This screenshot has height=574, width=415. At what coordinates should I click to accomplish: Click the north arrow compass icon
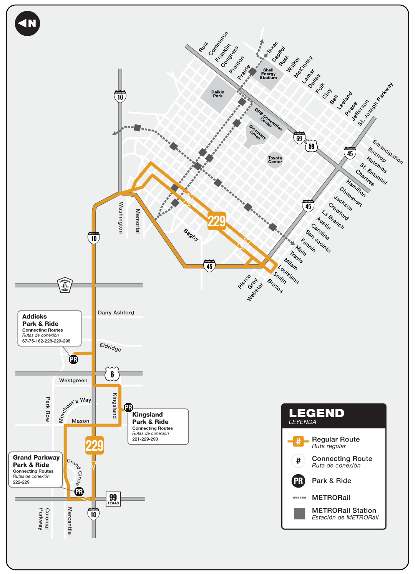coord(27,23)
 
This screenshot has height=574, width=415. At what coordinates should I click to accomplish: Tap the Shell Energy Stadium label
coord(268,74)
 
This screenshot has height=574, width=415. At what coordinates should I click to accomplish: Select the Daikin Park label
coord(218,94)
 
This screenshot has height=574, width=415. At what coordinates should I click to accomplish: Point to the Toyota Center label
coord(275,160)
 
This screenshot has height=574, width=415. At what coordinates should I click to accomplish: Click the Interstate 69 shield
coord(299,138)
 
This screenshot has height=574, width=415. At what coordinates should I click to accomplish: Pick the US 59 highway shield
coord(311,146)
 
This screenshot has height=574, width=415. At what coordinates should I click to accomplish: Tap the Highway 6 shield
coord(112,374)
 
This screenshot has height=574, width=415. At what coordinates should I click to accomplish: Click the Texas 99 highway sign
coord(113,499)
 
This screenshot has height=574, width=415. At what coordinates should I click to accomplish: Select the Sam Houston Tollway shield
coord(65,285)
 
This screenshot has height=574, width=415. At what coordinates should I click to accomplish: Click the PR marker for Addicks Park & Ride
coord(73,359)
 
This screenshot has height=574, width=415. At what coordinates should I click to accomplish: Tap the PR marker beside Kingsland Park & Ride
coord(128,407)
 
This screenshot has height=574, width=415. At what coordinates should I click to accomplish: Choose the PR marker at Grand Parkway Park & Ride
coord(79,491)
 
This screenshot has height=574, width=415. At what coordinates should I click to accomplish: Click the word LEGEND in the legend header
coord(317,413)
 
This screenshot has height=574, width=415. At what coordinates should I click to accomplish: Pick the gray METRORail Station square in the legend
coord(299,513)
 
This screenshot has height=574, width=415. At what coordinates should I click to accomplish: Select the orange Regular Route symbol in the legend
coord(298,441)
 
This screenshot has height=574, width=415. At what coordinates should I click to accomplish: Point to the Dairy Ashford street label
coord(116,313)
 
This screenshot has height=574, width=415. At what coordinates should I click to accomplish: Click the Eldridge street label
coord(110,347)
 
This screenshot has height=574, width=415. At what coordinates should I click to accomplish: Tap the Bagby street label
coord(191,235)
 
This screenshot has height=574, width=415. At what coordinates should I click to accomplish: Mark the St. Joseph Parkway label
coord(375,104)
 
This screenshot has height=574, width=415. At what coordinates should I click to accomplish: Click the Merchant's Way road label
coord(75,410)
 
